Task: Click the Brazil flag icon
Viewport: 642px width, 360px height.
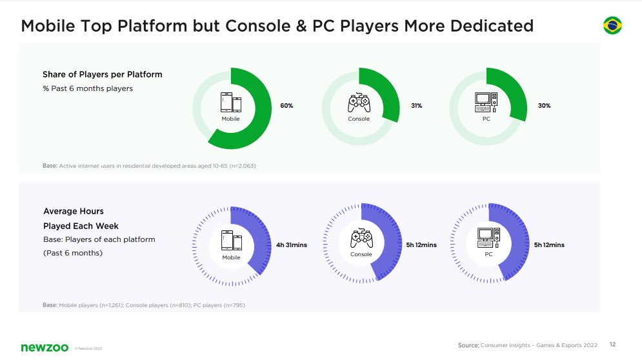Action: tap(612, 26)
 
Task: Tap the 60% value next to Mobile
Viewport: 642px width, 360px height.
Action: tap(286, 105)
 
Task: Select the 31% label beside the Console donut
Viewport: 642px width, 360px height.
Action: tap(416, 105)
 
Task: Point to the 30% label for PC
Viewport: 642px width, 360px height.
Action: tap(544, 105)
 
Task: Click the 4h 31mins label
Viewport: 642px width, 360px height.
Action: tap(292, 245)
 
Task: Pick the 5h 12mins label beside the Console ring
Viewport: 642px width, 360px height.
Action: tap(421, 245)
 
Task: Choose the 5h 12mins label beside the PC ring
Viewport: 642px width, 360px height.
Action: tap(549, 245)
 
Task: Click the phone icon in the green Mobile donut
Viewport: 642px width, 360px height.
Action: tap(231, 103)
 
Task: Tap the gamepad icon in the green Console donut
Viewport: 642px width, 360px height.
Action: tap(359, 103)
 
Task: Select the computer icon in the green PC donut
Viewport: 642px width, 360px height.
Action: tap(487, 103)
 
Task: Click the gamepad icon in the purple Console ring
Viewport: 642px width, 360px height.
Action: tap(361, 239)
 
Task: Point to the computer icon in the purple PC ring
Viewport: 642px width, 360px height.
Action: tap(488, 238)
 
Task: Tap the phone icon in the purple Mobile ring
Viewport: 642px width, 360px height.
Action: tap(231, 241)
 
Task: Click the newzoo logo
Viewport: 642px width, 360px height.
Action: tap(45, 348)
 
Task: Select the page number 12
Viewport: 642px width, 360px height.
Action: tap(612, 345)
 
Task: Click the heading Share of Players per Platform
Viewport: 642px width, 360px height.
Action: tap(103, 74)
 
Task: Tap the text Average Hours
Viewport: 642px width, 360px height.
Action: tap(74, 211)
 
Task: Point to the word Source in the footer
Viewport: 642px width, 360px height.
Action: tap(468, 345)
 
